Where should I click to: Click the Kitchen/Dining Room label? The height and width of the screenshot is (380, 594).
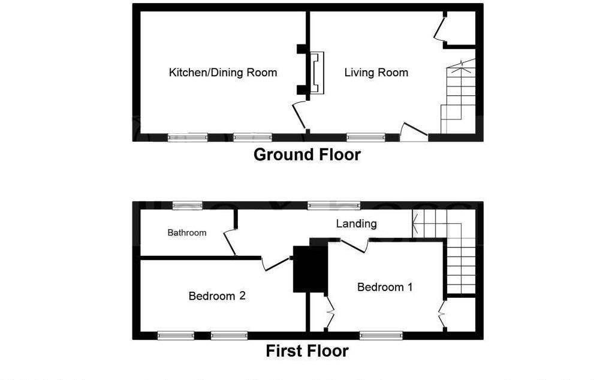tap(223, 73)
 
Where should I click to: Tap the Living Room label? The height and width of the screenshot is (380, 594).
tap(376, 73)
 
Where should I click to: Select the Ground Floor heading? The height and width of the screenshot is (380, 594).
tap(307, 154)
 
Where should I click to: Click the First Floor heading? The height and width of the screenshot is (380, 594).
tap(307, 351)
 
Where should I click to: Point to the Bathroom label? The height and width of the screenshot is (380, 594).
tap(187, 233)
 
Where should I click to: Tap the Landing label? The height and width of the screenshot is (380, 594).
tap(356, 224)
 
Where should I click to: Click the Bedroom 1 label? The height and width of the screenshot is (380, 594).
tap(384, 287)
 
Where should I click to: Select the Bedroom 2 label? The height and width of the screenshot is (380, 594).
tap(217, 296)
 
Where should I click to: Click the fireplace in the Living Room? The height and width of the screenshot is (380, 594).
tap(316, 73)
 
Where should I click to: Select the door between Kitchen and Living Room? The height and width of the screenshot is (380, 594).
tap(299, 116)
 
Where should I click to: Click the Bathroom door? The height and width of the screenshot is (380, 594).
tap(229, 243)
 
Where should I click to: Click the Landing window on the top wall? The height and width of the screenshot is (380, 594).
tap(334, 205)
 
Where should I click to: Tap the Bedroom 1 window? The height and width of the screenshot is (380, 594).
tap(382, 335)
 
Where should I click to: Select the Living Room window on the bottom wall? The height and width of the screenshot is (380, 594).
tap(366, 137)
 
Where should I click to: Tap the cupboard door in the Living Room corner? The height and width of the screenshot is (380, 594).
tap(440, 29)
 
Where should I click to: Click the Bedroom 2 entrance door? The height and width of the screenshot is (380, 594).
tap(276, 263)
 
